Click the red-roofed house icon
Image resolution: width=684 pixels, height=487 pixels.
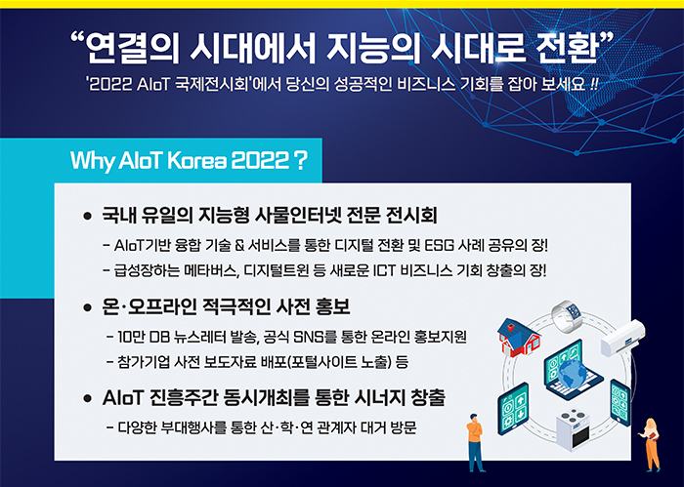coord(518,337)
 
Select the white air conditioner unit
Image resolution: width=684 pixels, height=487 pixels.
coord(622,338)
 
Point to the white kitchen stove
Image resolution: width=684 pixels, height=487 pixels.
coord(574,429)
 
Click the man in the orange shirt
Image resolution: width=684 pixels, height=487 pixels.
coord(476,442)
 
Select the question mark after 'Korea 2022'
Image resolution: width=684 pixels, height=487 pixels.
coord(300,160)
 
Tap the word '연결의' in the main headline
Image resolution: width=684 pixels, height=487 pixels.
coord(133,47)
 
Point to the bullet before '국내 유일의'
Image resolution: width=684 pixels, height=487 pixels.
coord(88,216)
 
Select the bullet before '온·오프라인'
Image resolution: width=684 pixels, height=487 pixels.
coord(88,308)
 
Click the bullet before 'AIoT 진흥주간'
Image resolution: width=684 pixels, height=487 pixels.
coord(88,398)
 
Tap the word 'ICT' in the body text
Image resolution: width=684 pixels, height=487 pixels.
coord(384,271)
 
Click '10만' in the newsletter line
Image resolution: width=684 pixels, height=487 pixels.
coord(131,337)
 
